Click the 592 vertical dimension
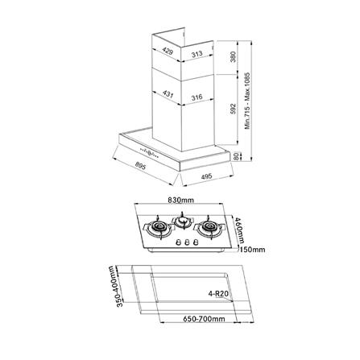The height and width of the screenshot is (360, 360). pyautogui.click(x=233, y=110)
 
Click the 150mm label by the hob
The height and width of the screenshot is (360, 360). pyautogui.click(x=254, y=250)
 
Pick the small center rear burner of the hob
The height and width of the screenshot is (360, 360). pyautogui.click(x=184, y=219)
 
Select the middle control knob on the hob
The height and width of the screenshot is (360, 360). pyautogui.click(x=184, y=243)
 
